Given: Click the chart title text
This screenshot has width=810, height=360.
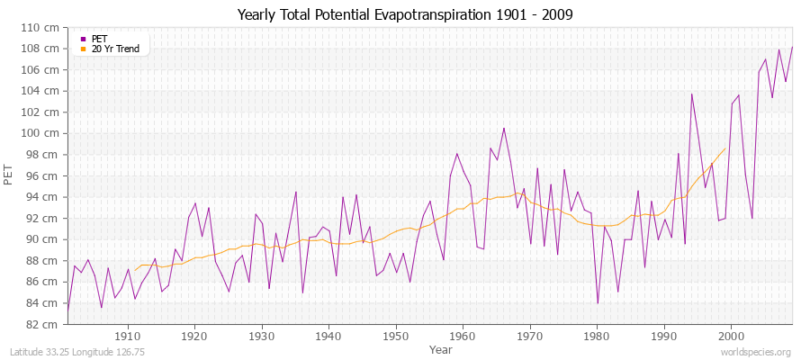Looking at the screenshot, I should (x=404, y=14).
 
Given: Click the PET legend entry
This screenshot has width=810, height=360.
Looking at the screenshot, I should (x=99, y=39).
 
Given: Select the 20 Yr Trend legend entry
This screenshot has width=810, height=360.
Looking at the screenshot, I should (x=116, y=49).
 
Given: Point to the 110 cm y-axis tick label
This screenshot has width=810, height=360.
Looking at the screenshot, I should (x=41, y=27).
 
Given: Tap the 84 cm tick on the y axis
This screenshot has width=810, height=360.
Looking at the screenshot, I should (x=44, y=303).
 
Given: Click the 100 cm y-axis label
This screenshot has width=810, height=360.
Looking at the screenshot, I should (x=41, y=133).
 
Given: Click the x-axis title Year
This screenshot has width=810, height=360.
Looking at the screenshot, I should (x=441, y=348).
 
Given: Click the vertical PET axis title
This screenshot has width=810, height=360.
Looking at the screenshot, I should (x=9, y=175).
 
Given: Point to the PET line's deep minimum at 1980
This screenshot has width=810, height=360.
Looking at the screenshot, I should (x=598, y=303).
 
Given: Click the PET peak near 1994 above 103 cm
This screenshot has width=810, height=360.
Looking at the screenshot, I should (x=692, y=94).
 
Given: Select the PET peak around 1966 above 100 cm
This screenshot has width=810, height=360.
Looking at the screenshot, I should (x=504, y=128).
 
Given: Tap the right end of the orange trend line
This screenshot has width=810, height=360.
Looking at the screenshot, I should (x=725, y=148).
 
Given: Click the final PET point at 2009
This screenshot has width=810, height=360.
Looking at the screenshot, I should (x=792, y=47).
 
